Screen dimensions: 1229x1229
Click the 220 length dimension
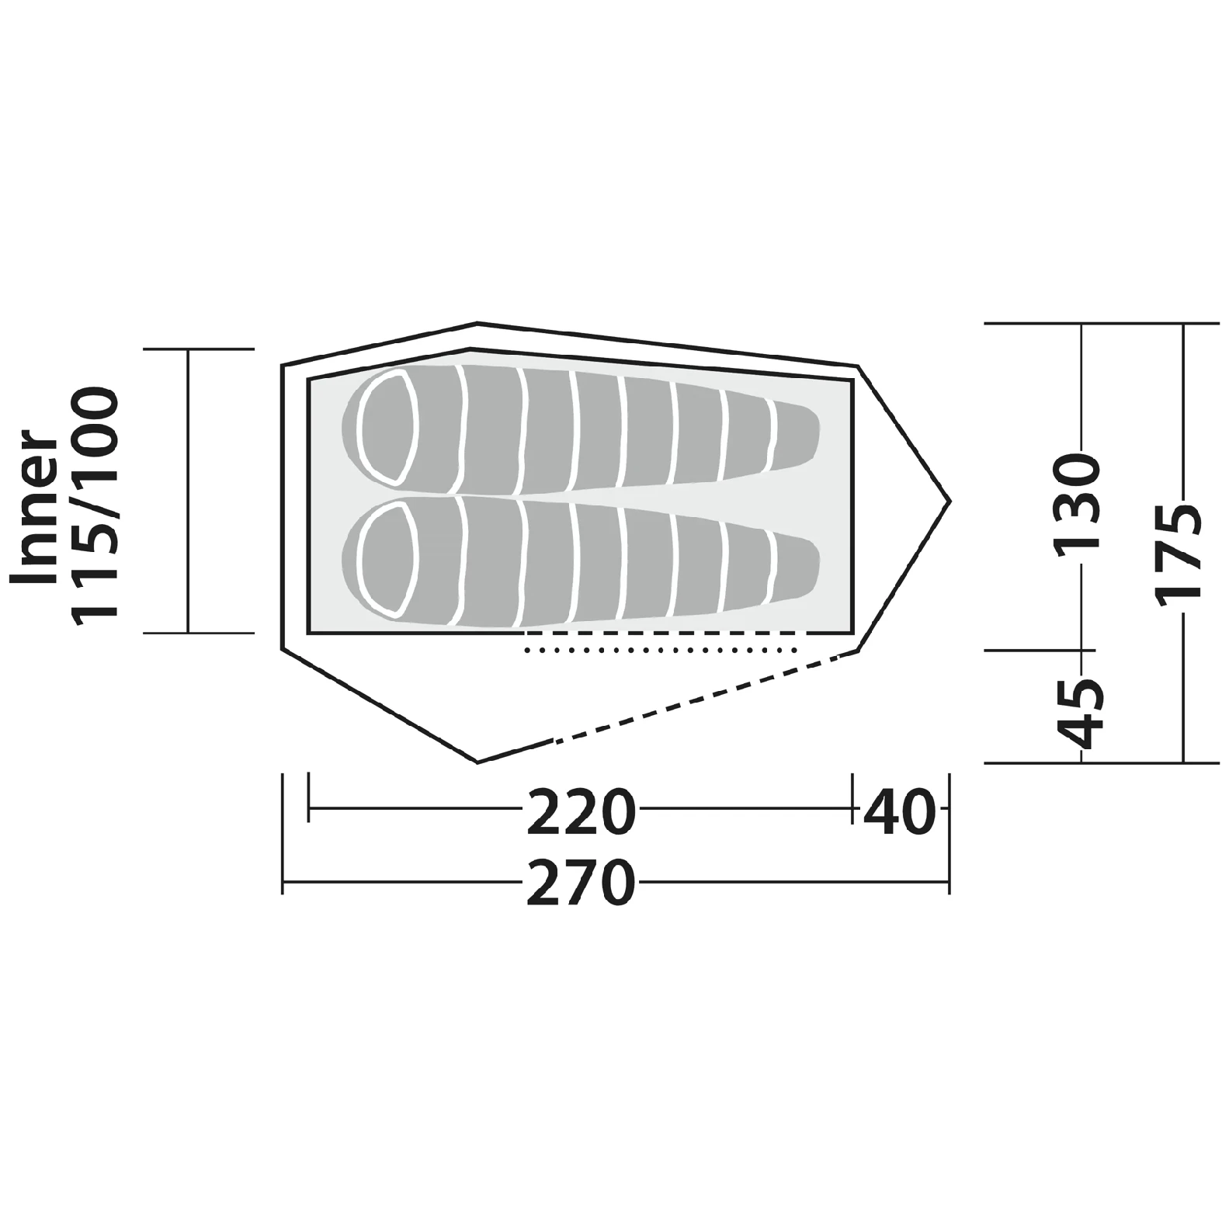[581, 812]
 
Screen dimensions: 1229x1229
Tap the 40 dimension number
[898, 812]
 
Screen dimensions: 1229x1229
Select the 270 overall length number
[581, 883]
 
